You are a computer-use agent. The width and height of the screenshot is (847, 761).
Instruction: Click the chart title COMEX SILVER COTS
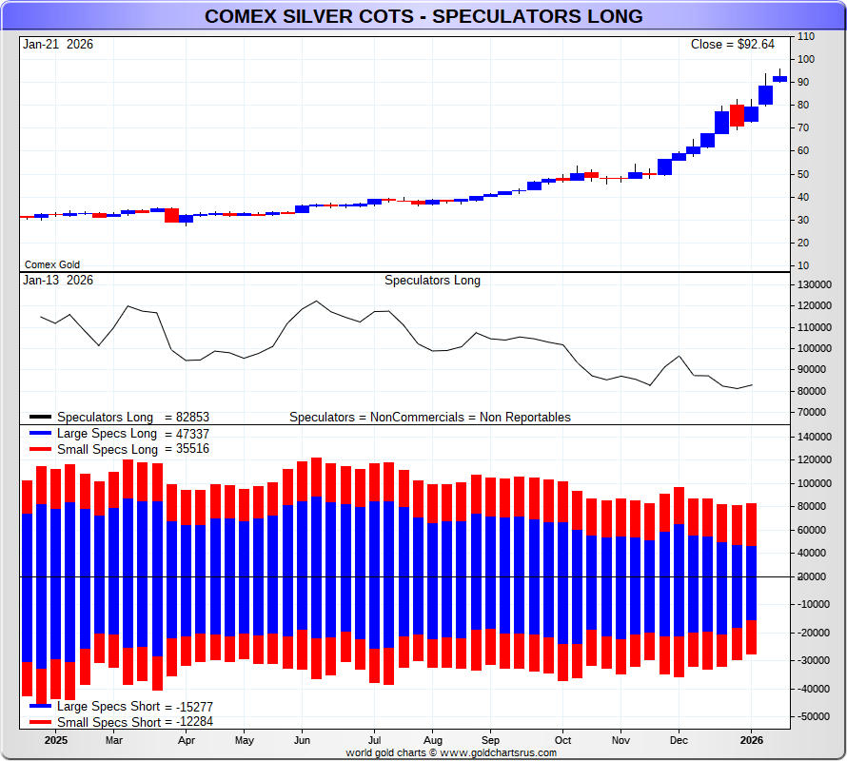click(x=423, y=16)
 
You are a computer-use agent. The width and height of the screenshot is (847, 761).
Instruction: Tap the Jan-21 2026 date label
click(x=58, y=45)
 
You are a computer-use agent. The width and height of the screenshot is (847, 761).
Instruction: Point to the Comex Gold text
click(x=51, y=264)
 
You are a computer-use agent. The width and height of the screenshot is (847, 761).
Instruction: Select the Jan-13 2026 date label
click(x=58, y=281)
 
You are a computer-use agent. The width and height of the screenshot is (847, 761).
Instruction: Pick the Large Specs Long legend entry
click(x=120, y=434)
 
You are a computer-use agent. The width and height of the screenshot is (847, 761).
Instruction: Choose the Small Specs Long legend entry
click(x=120, y=449)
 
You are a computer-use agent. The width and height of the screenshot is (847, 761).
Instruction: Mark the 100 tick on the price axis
click(x=805, y=59)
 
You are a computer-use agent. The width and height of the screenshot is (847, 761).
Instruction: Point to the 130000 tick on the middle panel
click(x=815, y=284)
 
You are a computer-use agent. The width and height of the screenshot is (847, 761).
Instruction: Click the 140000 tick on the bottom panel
click(x=815, y=437)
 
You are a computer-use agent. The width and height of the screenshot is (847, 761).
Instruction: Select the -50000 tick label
click(x=815, y=715)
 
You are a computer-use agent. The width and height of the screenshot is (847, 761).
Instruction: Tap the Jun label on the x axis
click(x=303, y=739)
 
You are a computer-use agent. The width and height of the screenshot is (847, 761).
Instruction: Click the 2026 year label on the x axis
click(x=752, y=739)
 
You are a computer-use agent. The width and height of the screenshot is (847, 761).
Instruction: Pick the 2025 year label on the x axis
click(x=55, y=739)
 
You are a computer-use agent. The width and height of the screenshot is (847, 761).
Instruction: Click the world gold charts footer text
click(x=451, y=752)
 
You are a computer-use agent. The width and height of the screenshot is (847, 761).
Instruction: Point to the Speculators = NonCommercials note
click(x=430, y=417)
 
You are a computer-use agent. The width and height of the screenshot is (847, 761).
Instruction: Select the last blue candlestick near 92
click(x=779, y=79)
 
